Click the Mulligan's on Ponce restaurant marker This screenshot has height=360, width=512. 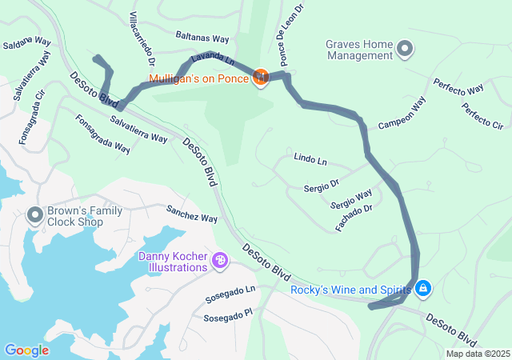click(x=260, y=78)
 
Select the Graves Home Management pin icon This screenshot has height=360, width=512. click(x=406, y=50)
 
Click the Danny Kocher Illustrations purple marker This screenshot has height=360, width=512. click(x=220, y=261)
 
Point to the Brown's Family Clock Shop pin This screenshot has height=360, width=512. click(x=34, y=214)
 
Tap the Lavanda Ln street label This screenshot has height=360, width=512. click(x=211, y=61)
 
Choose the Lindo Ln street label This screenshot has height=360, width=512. click(x=310, y=160)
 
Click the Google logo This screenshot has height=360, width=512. click(x=26, y=350)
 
